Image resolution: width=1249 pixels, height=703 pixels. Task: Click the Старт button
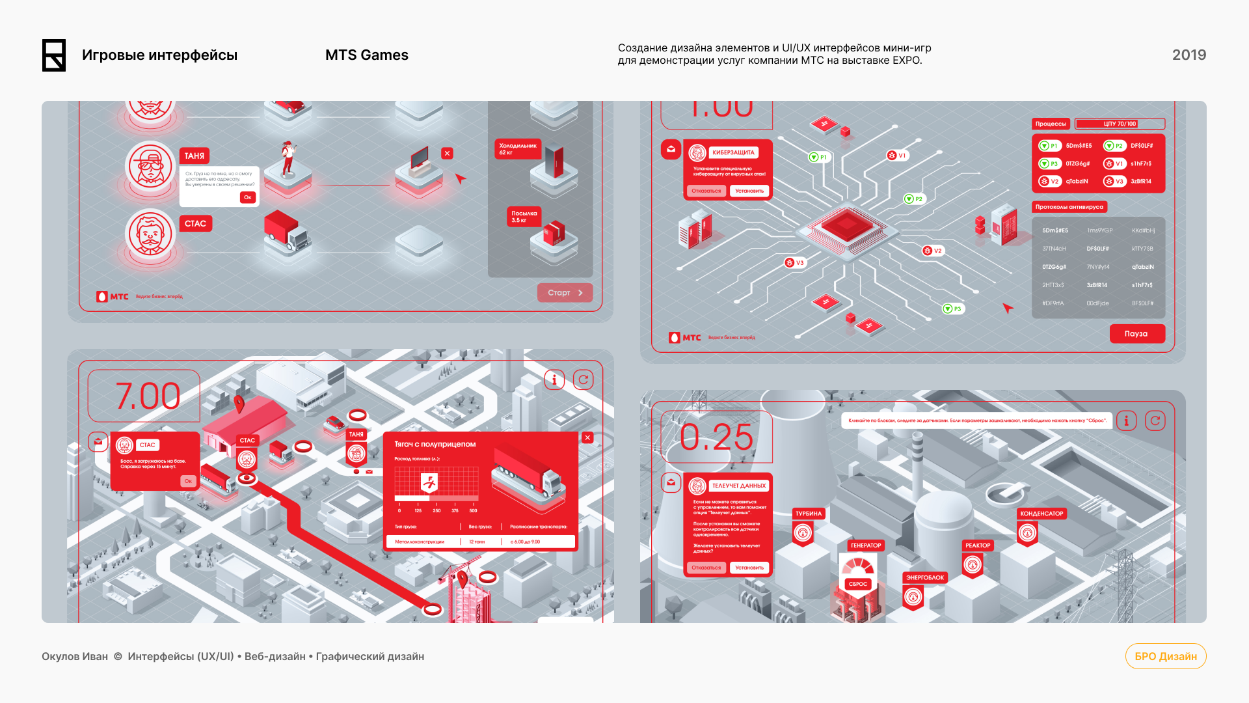[x=565, y=293]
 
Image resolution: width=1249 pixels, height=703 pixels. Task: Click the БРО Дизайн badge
[x=1165, y=656]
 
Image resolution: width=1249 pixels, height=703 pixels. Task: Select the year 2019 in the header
[x=1189, y=55]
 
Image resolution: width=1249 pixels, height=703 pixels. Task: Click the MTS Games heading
[x=366, y=55]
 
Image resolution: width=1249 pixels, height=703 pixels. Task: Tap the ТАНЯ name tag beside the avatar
[x=195, y=156]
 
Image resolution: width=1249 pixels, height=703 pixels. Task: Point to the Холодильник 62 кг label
[x=518, y=149]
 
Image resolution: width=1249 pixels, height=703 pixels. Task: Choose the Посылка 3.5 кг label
[x=524, y=217]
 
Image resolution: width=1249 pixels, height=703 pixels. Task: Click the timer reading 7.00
[x=148, y=396]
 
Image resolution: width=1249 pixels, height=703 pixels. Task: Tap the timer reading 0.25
[x=716, y=437]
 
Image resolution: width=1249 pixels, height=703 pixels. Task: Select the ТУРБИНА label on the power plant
[x=808, y=514]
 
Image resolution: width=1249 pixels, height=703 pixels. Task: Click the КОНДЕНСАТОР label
[x=1041, y=514]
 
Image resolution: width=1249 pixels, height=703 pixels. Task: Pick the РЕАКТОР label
[x=978, y=545]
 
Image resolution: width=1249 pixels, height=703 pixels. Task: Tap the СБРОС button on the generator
[x=858, y=584]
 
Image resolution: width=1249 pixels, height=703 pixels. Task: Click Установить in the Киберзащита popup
[x=749, y=191]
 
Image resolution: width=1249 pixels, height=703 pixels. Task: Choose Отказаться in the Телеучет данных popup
[x=706, y=568]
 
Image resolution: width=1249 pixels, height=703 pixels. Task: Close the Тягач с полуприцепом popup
[x=587, y=438]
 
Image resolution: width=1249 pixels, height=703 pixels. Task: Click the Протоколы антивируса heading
[x=1069, y=207]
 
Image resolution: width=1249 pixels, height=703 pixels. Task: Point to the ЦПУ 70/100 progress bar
[x=1120, y=124]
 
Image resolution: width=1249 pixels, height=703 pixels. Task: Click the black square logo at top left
[x=54, y=55]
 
